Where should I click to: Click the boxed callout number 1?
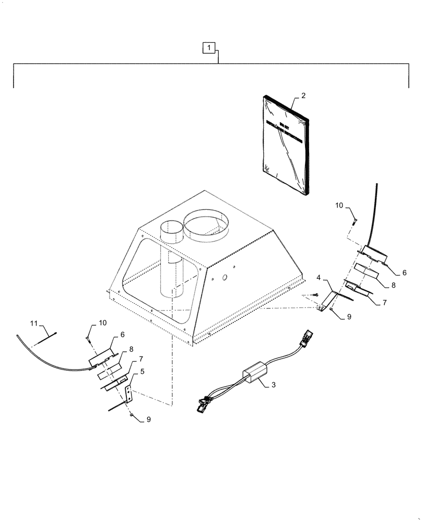(208, 48)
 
